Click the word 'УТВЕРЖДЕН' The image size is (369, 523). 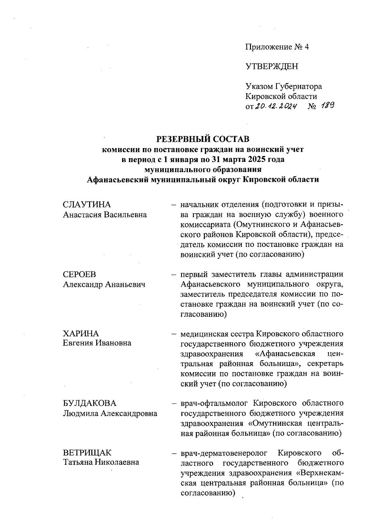coord(272,66)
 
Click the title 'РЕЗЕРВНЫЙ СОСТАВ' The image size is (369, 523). coord(203,139)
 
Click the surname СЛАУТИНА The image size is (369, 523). coord(87,205)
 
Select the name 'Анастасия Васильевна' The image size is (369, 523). coord(105,215)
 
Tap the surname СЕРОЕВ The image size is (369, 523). coord(79,274)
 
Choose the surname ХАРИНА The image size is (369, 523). coord(81,333)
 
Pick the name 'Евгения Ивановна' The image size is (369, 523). coord(97,343)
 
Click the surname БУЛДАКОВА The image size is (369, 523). coord(90,403)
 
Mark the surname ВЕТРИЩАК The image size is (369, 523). coord(87,453)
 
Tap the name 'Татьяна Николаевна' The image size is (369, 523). coord(101,462)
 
